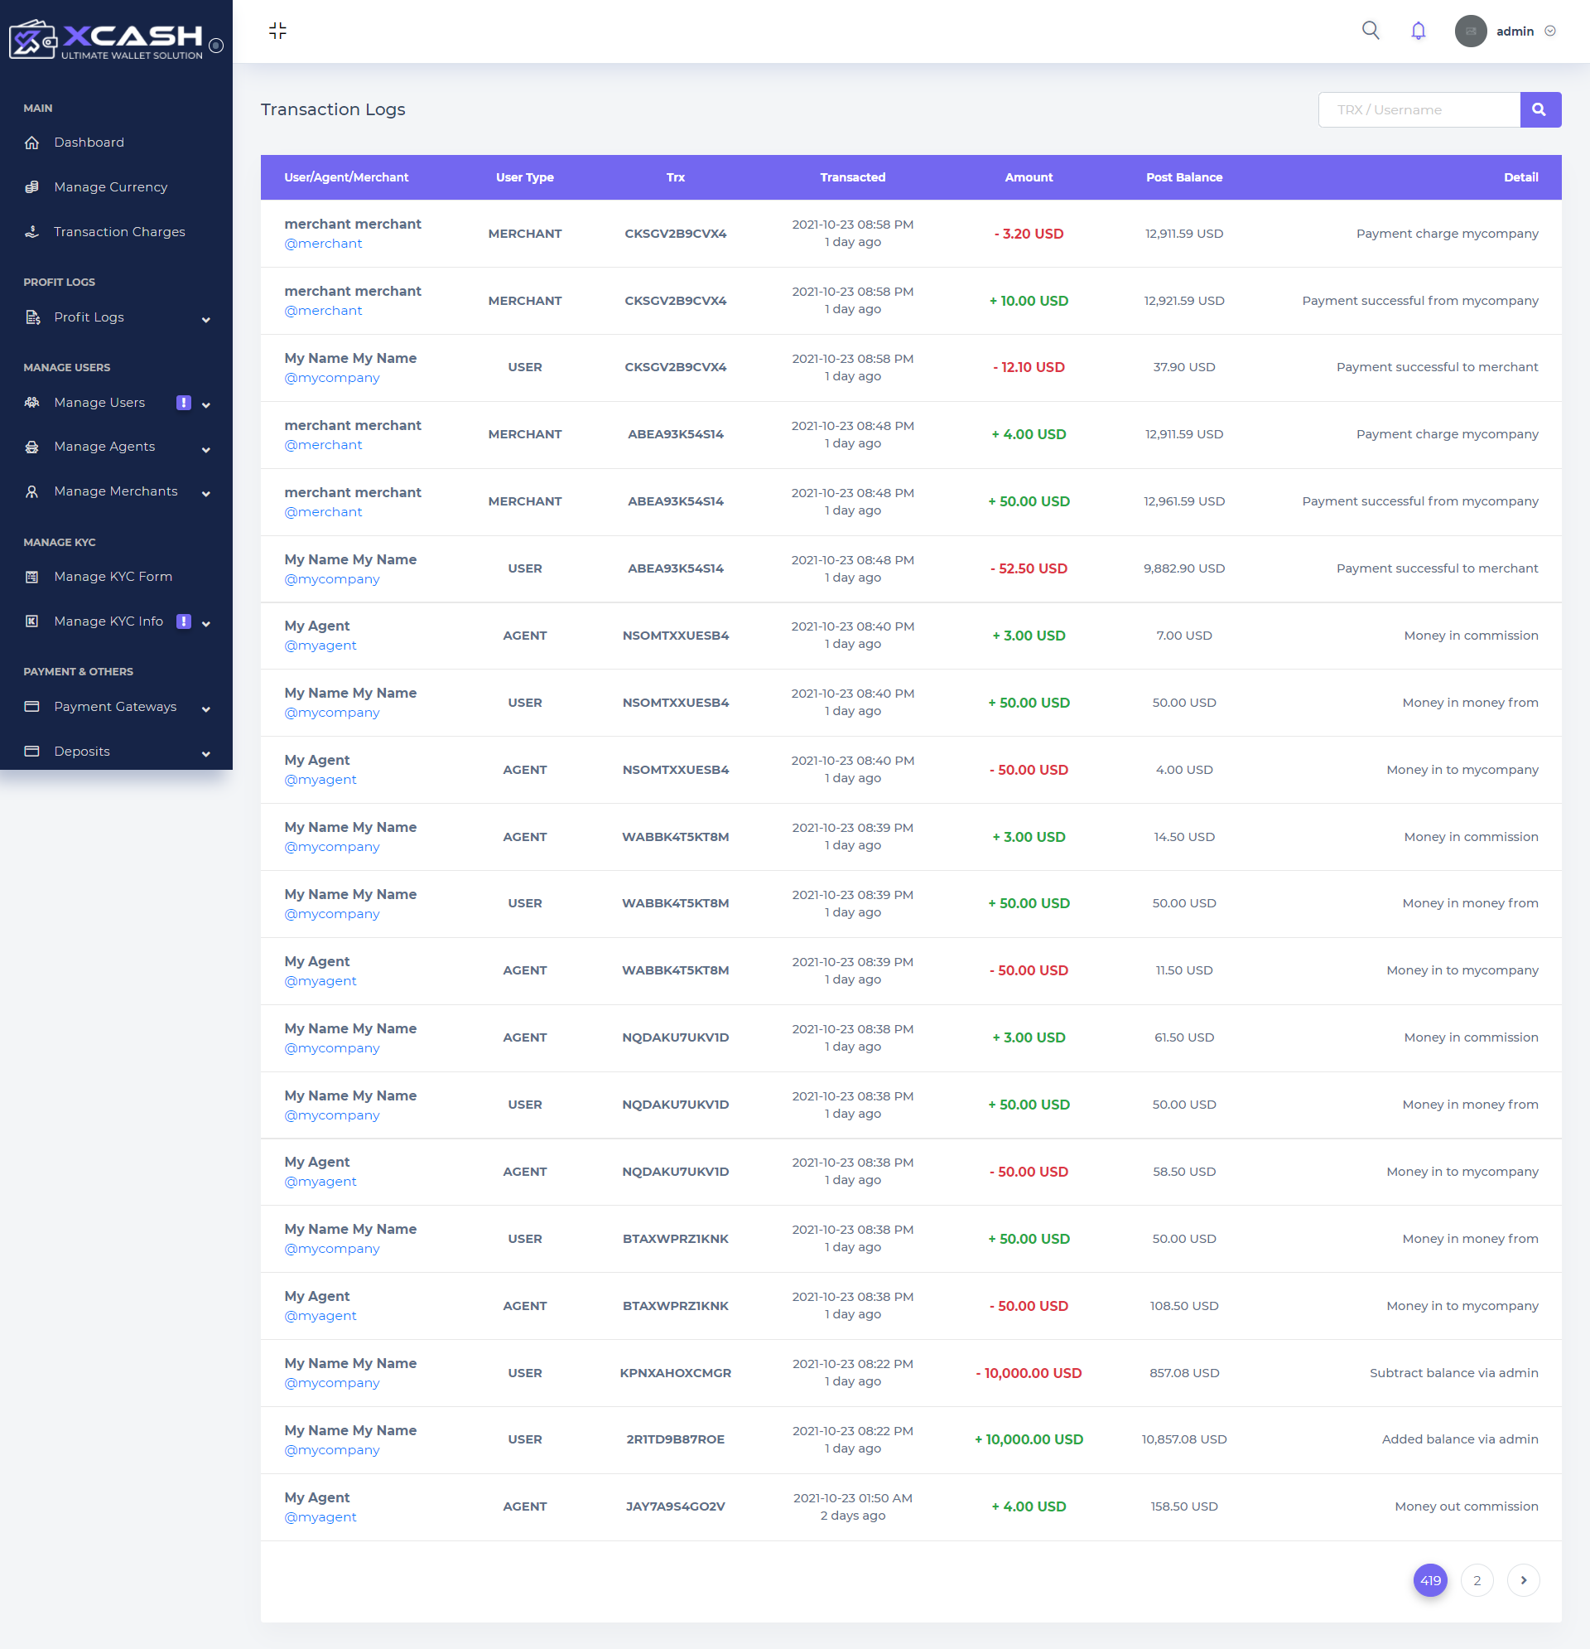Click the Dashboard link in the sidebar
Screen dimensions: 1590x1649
tap(89, 143)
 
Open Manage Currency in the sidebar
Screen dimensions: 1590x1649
tap(110, 186)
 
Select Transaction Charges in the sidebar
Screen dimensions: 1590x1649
tap(118, 231)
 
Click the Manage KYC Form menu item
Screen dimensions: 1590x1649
tap(113, 576)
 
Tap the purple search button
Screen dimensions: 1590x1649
tap(1539, 109)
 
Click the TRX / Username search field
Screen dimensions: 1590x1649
tap(1419, 109)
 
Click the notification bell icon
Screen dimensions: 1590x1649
tap(1418, 31)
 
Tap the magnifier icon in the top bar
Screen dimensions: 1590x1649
tap(1371, 31)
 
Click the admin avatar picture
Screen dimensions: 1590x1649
tap(1471, 31)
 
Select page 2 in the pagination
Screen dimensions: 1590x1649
tap(1477, 1580)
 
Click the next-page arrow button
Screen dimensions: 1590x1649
tap(1523, 1580)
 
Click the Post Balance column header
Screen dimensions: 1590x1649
tap(1184, 177)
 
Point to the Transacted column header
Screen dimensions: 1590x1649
tap(853, 177)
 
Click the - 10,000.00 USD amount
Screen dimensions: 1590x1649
tap(1029, 1373)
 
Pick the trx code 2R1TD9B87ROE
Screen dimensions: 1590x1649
tap(675, 1439)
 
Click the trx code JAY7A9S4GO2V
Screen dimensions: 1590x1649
tap(675, 1506)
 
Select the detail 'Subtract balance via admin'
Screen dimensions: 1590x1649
tap(1454, 1373)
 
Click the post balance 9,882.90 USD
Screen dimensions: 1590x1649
tap(1184, 568)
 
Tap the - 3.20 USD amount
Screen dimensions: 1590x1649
tap(1029, 234)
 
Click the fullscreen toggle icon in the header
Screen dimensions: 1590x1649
tap(277, 31)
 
